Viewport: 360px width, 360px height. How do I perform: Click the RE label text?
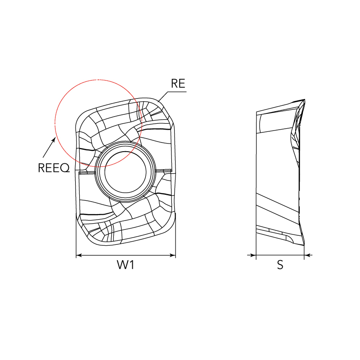tap(178, 83)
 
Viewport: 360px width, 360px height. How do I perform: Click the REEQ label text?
tap(54, 167)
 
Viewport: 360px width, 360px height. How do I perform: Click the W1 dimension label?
tap(126, 265)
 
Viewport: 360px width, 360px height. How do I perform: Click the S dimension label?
tap(280, 265)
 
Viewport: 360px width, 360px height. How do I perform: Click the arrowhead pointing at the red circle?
tap(54, 139)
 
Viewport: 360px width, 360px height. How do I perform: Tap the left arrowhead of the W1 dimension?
tap(79, 255)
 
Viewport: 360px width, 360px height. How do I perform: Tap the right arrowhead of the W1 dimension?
tap(173, 255)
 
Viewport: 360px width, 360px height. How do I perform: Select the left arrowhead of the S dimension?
tap(253, 255)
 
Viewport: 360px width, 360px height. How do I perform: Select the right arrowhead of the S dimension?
tap(307, 255)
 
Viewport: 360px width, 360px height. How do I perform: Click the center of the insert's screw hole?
tap(126, 172)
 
